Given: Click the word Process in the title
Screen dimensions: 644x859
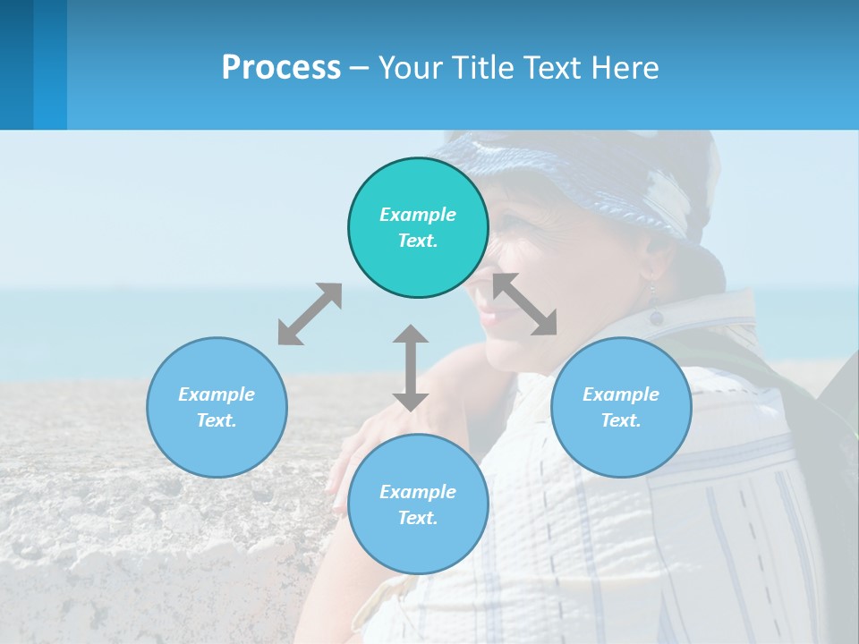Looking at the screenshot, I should click(281, 68).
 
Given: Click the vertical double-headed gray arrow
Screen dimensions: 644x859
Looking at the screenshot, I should click(411, 368).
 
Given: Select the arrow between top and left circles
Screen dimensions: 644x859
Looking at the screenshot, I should click(310, 314).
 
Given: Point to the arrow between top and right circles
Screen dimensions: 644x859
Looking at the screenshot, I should click(525, 304).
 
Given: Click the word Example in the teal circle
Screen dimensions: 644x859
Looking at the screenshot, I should click(418, 215).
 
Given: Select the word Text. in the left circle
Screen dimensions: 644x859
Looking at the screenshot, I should click(217, 420).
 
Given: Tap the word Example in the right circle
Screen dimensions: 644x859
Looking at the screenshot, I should click(621, 394).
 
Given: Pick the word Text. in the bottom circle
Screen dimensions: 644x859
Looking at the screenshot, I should click(418, 518).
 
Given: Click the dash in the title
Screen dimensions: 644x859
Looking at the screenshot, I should click(360, 68).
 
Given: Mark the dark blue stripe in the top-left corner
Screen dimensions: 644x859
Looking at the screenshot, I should click(16, 64).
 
